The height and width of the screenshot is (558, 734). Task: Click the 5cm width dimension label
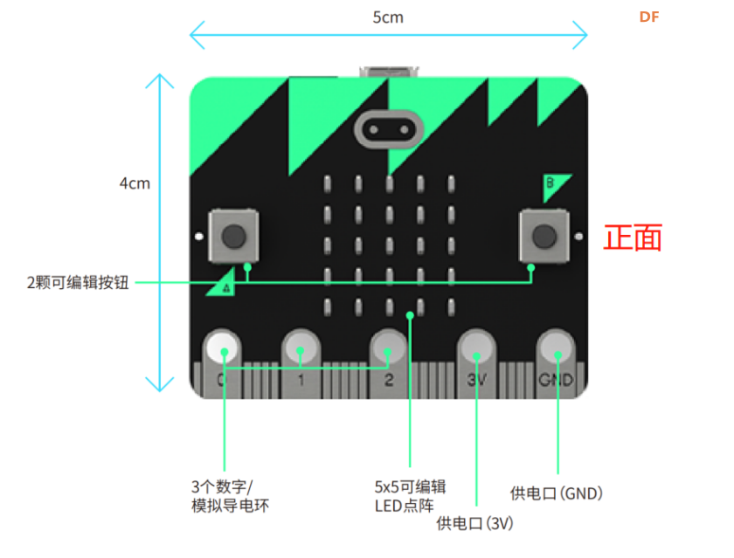point(388,17)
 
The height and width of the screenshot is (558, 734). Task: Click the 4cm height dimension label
point(135,183)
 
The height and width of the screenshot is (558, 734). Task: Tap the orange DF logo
point(648,17)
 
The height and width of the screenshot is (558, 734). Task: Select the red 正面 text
point(633,238)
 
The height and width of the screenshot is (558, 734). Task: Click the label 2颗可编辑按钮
point(78,283)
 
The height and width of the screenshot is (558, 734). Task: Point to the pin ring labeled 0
point(222,348)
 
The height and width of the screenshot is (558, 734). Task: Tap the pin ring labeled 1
point(301,348)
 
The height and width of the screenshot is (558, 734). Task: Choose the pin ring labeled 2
point(388,348)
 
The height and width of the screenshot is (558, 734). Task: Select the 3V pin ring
point(476,348)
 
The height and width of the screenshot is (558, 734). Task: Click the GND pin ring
point(556,348)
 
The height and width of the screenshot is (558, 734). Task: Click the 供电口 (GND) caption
point(556,493)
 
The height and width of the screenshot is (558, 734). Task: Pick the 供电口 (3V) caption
point(474,523)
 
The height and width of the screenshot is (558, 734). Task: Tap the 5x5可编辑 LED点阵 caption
point(410,496)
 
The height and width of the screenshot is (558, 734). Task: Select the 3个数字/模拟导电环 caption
point(231,496)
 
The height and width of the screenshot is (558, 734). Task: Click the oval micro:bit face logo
point(389,129)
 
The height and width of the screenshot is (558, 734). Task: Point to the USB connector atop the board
point(389,72)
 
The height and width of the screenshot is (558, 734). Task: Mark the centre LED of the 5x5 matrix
point(390,246)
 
